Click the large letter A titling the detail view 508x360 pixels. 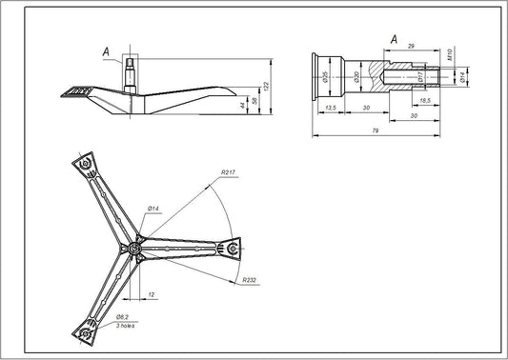click(394, 38)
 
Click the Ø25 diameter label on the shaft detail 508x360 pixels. click(325, 75)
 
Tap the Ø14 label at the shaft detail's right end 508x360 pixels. click(462, 76)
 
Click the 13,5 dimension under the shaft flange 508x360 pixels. click(329, 110)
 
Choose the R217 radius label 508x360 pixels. click(228, 171)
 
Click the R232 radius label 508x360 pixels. click(251, 280)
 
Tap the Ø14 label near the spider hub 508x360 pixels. click(152, 207)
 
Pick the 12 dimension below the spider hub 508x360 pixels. click(152, 294)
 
